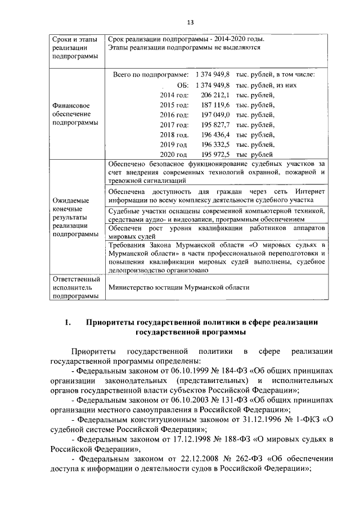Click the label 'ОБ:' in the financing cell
[182, 85]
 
